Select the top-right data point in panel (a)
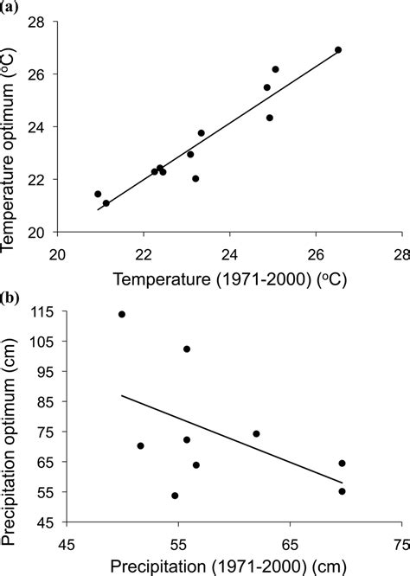click(338, 50)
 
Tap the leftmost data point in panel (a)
click(98, 194)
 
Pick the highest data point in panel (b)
click(122, 314)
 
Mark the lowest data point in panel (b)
click(175, 496)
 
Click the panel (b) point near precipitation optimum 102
click(187, 349)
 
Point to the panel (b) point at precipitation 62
click(256, 433)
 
